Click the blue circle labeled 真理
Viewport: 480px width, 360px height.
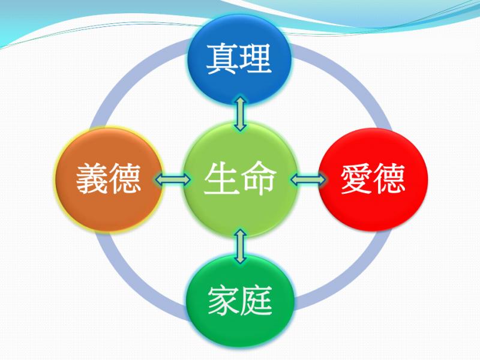pyautogui.click(x=239, y=59)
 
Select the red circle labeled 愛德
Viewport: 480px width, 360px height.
pyautogui.click(x=373, y=179)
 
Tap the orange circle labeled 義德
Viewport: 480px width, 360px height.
pyautogui.click(x=109, y=179)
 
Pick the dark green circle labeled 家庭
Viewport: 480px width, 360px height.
pyautogui.click(x=240, y=302)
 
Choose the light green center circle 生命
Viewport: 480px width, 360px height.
pyautogui.click(x=241, y=179)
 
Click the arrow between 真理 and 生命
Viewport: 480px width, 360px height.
pyautogui.click(x=241, y=114)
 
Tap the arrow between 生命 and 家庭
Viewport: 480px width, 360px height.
pyautogui.click(x=241, y=247)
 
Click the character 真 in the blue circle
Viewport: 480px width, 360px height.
pyautogui.click(x=222, y=59)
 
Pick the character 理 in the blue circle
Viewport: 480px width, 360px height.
pyautogui.click(x=256, y=59)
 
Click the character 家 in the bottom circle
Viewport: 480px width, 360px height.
pyautogui.click(x=223, y=301)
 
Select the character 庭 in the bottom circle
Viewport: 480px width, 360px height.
pyautogui.click(x=256, y=301)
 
